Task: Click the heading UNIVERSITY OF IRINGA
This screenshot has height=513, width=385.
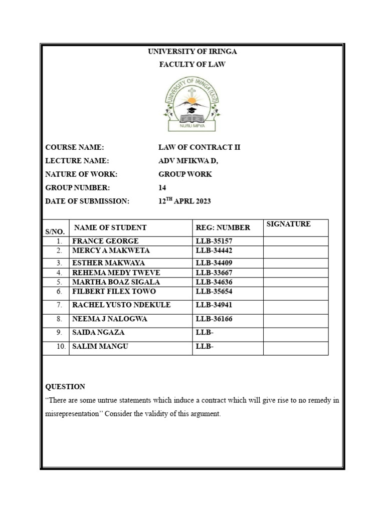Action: pyautogui.click(x=192, y=52)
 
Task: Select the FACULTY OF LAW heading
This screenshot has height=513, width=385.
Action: pyautogui.click(x=192, y=64)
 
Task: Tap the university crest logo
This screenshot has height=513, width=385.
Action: pyautogui.click(x=192, y=104)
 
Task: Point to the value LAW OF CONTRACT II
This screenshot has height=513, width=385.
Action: pyautogui.click(x=200, y=147)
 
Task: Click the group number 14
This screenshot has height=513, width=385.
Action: pyautogui.click(x=162, y=188)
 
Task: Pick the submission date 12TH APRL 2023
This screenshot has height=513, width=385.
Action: pyautogui.click(x=184, y=201)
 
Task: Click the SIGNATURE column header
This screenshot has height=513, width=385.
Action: pyautogui.click(x=288, y=224)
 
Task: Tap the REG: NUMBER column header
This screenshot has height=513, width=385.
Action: pyautogui.click(x=223, y=227)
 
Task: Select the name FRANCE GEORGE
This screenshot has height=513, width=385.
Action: pyautogui.click(x=105, y=241)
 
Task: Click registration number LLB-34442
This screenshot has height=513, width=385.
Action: pyautogui.click(x=214, y=250)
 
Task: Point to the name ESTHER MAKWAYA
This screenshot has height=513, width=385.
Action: pyautogui.click(x=108, y=263)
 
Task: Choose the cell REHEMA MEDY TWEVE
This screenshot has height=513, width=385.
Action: pyautogui.click(x=114, y=273)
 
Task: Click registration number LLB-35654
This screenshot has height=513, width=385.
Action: pyautogui.click(x=214, y=291)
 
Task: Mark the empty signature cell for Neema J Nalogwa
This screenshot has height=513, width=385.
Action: pyautogui.click(x=296, y=319)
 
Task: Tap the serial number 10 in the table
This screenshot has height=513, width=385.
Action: pyautogui.click(x=61, y=346)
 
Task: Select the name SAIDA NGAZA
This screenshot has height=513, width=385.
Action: pyautogui.click(x=99, y=332)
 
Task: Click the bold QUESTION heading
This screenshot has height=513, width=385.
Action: pyautogui.click(x=65, y=387)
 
